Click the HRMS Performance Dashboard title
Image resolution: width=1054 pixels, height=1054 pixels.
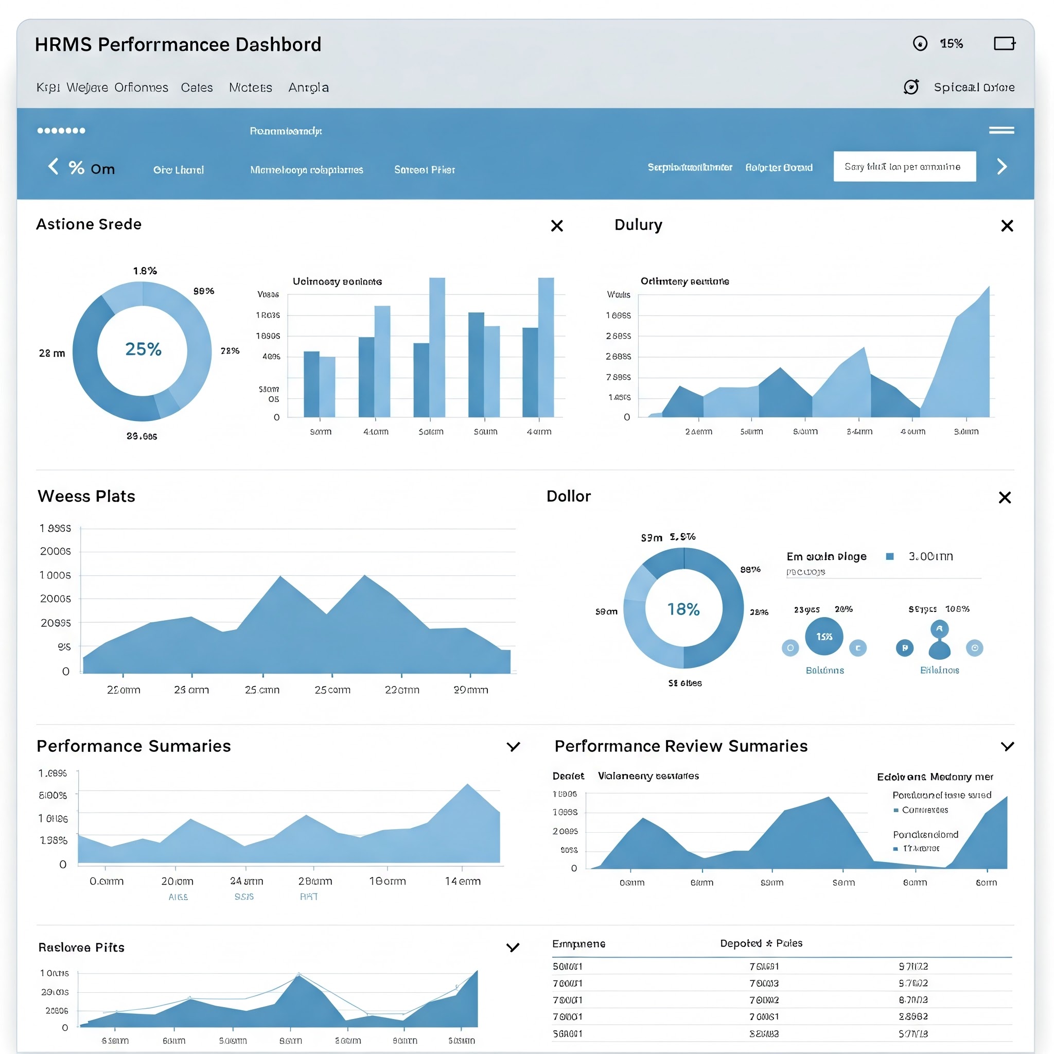(x=178, y=44)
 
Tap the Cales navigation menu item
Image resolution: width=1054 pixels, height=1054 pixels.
(x=197, y=87)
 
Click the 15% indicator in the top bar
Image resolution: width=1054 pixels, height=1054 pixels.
(x=951, y=44)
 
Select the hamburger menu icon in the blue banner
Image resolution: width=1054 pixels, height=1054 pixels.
(x=1001, y=130)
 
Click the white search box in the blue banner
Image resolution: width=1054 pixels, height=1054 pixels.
(x=904, y=166)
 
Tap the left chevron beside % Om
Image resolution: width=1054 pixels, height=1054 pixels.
(x=54, y=166)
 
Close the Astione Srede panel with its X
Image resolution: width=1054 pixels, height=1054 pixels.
(x=556, y=226)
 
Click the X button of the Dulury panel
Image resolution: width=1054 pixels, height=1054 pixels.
(x=1007, y=226)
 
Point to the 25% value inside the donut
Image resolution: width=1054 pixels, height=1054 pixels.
(x=143, y=349)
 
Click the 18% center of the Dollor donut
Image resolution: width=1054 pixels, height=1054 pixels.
(x=683, y=609)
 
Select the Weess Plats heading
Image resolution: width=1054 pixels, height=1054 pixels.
(x=86, y=496)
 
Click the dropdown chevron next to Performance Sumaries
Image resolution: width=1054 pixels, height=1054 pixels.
(x=513, y=746)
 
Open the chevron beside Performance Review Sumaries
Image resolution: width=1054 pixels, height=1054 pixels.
(x=1007, y=746)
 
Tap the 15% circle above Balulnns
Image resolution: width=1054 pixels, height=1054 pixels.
(x=824, y=636)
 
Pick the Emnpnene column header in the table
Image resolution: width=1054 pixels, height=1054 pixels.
(x=578, y=944)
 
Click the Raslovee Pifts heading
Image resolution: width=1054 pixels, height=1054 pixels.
(x=81, y=947)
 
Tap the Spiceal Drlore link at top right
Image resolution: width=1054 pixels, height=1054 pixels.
(x=974, y=87)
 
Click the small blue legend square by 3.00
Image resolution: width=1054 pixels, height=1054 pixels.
(x=890, y=556)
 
